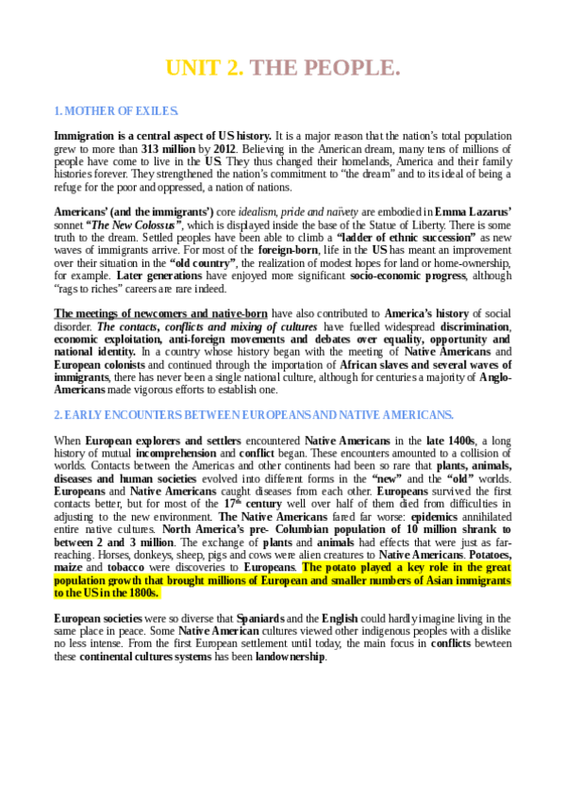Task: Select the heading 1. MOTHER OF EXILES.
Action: pos(116,111)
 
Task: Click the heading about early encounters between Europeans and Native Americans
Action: pos(254,415)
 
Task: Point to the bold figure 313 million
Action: pos(169,149)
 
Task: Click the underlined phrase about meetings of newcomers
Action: pos(160,313)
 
